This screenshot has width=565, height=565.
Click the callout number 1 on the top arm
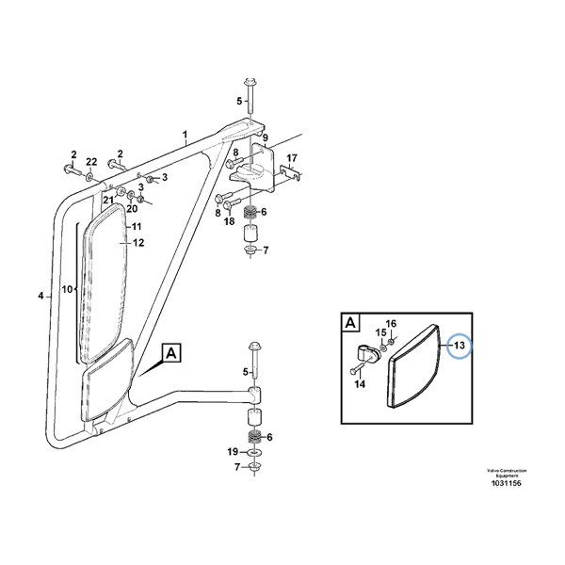(x=186, y=136)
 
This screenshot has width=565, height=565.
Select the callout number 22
(x=91, y=163)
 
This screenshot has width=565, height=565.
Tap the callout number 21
(x=108, y=201)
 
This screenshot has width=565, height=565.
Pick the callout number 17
(x=292, y=158)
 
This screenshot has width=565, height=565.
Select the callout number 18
(x=229, y=220)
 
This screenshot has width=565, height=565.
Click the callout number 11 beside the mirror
(x=136, y=228)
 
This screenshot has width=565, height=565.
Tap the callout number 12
(x=137, y=243)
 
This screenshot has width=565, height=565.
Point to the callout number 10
(x=68, y=289)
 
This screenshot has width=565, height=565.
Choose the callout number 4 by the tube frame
(x=40, y=297)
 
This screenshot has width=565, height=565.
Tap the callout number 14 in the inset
(x=358, y=384)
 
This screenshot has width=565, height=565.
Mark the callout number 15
(x=381, y=332)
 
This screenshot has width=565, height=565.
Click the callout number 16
(x=391, y=324)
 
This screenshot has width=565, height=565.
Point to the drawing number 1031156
(x=507, y=483)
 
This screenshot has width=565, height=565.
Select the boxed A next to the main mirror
(x=171, y=354)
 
